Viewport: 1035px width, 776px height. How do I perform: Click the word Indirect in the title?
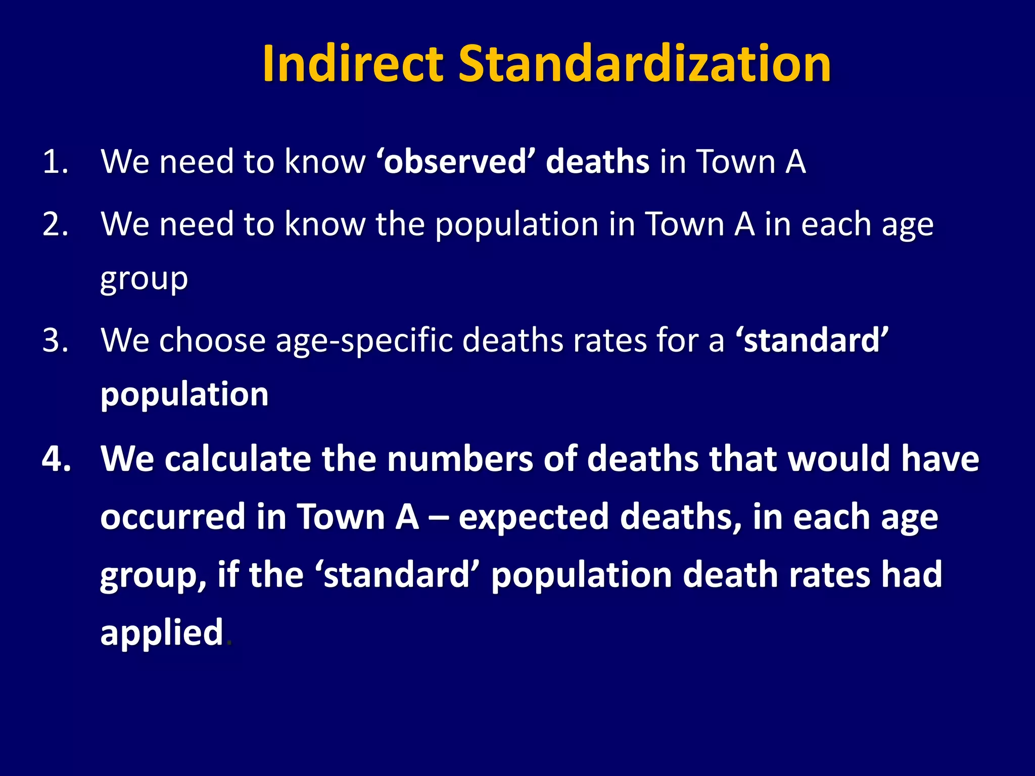352,64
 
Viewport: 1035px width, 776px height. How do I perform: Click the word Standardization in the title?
644,64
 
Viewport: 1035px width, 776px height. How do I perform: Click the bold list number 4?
56,459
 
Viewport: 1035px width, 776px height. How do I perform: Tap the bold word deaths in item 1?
597,162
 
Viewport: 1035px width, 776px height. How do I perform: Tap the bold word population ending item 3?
184,395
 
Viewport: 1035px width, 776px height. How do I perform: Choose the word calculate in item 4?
238,459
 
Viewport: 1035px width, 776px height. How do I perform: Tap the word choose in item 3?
212,341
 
